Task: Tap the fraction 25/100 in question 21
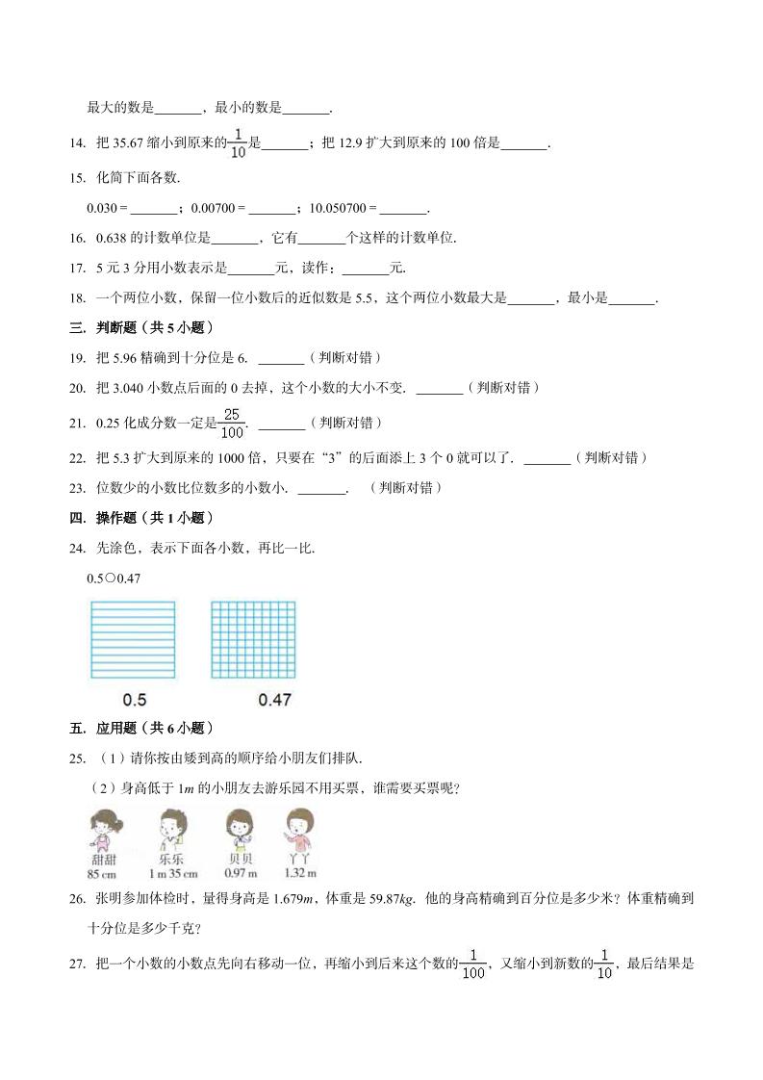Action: [233, 422]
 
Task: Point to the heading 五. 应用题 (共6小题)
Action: [140, 728]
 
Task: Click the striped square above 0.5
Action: [132, 639]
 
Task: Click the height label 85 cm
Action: [101, 873]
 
